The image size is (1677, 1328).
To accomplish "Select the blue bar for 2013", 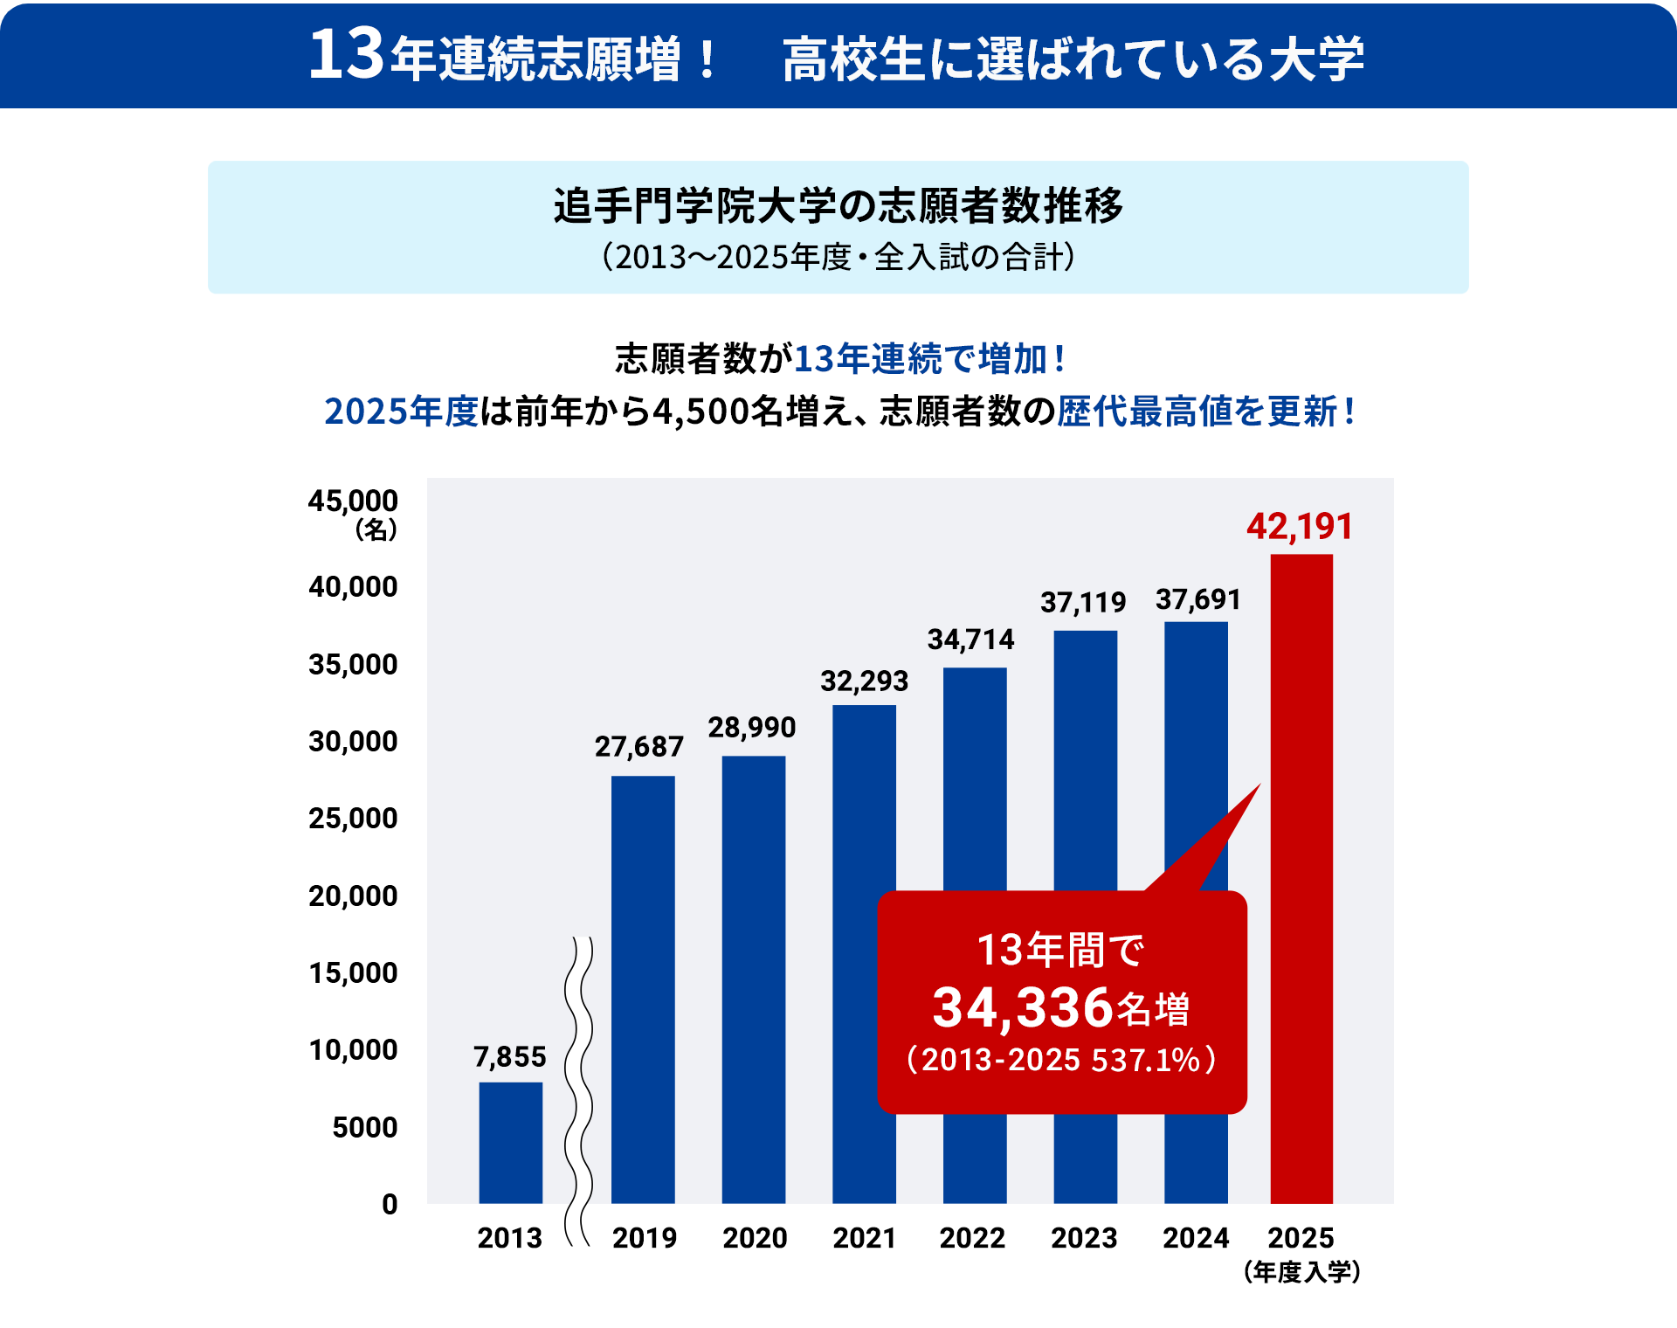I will [x=510, y=1143].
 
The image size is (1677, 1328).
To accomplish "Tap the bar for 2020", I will [x=753, y=979].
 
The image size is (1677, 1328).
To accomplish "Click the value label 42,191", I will [x=1300, y=527].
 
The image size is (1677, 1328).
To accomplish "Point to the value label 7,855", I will [x=510, y=1057].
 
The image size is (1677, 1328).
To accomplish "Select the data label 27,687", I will [x=639, y=747].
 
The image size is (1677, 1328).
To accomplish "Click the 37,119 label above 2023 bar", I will [x=1083, y=603].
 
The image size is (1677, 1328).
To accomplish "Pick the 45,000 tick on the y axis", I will [x=353, y=501].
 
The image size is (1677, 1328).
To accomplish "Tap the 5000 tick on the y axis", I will [x=364, y=1127].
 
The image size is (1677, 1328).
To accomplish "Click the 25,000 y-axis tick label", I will [x=353, y=819].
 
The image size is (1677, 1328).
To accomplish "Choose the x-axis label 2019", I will [x=645, y=1238].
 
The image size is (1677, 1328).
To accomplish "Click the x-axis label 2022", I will [x=972, y=1238].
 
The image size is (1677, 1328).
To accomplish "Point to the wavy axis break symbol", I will [x=578, y=1092].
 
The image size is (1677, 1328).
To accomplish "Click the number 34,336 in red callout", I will [x=1022, y=1007].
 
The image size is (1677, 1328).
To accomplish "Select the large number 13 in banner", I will [x=346, y=55].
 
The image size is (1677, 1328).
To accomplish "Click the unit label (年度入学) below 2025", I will [x=1301, y=1272].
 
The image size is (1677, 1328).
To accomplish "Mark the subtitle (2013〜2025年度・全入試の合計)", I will [x=838, y=257].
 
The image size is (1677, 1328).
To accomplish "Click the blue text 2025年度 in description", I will [x=401, y=412].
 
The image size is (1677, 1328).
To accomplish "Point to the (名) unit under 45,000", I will [x=376, y=529].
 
